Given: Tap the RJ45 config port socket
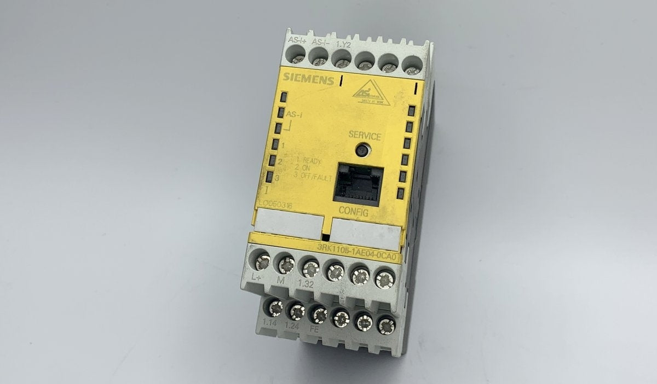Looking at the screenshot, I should click(x=359, y=183).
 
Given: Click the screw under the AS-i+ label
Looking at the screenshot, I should click(x=297, y=55).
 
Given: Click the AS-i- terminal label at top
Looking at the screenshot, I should click(x=320, y=42).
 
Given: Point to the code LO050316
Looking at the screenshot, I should click(x=277, y=205).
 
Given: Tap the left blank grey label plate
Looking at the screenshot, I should click(x=289, y=223).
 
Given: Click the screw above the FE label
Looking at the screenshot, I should click(x=318, y=314).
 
